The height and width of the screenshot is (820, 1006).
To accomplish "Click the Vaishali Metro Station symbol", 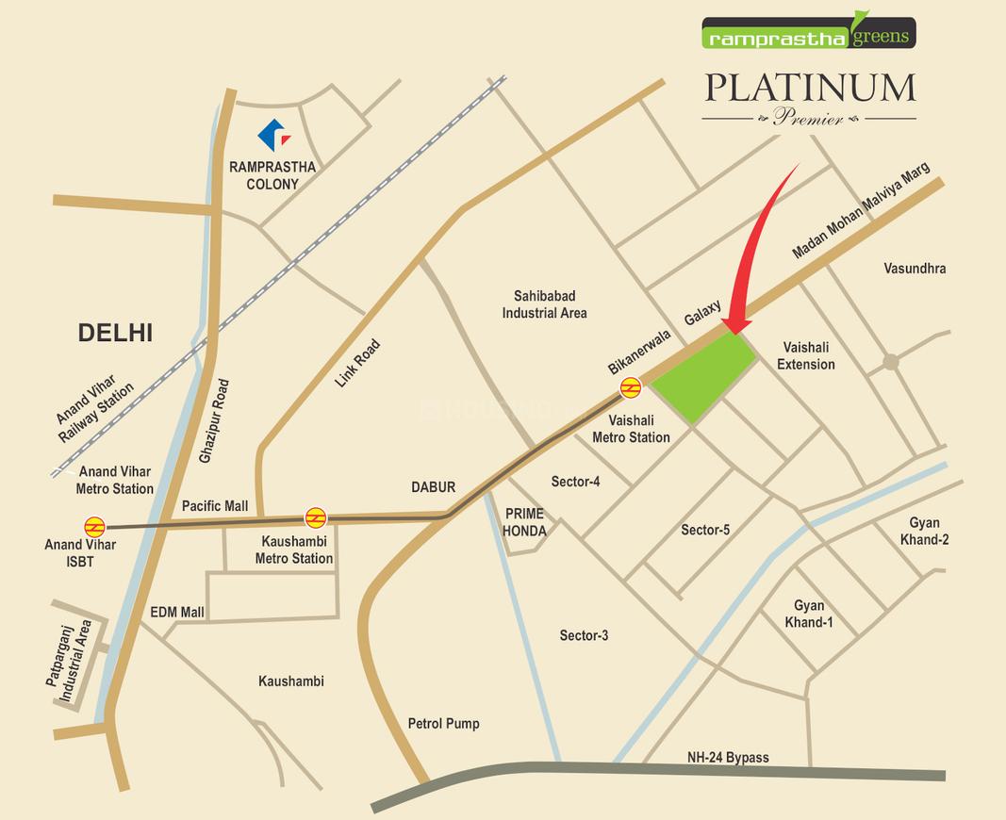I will click(x=630, y=387).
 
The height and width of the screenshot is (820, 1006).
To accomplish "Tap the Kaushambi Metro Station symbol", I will click(x=316, y=517).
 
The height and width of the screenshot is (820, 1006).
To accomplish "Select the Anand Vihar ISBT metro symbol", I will click(x=94, y=527).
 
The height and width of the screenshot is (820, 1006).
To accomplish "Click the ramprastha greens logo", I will click(x=808, y=33).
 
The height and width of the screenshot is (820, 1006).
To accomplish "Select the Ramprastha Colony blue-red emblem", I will click(x=274, y=135).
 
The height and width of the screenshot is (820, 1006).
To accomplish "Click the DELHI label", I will click(x=115, y=332).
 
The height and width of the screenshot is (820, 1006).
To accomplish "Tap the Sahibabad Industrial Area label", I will click(x=544, y=303).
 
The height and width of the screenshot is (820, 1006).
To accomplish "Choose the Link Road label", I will click(x=357, y=364).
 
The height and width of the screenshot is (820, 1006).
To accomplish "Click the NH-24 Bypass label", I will click(x=727, y=757).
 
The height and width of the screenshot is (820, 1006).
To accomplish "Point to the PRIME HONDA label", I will click(x=525, y=522).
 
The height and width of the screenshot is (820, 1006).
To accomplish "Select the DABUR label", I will click(x=433, y=487).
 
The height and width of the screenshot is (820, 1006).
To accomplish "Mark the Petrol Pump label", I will click(x=443, y=724).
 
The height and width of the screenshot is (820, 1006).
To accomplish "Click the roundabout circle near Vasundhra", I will click(x=890, y=362).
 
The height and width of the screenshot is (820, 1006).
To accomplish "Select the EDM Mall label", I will click(x=177, y=613).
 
